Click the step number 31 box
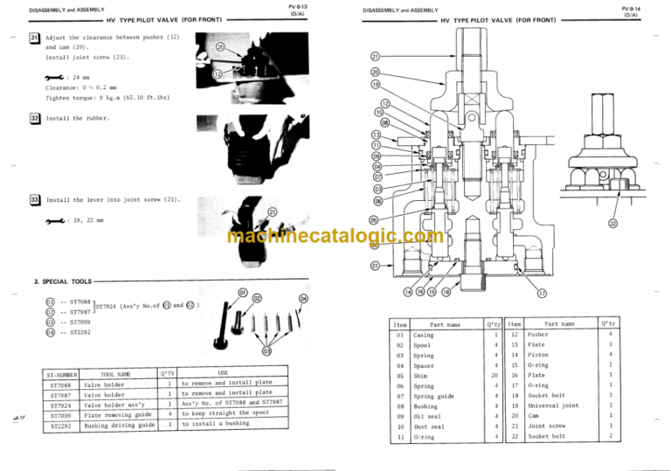point(34,37)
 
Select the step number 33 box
point(34,200)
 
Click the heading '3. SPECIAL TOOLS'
point(61,282)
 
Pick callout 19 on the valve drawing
point(375,85)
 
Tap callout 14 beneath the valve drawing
point(410,293)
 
